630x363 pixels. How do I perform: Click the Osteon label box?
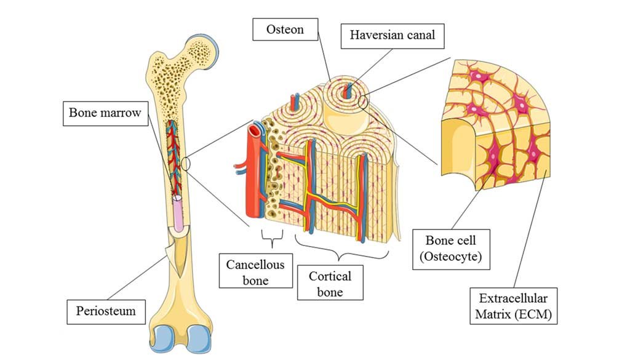pos(285,29)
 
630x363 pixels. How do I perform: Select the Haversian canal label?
pos(393,35)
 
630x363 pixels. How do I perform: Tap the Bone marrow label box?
pos(105,113)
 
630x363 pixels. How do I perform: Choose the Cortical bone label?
pos(330,284)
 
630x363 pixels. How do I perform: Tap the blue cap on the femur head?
pos(212,47)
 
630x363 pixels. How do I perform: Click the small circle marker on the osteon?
pos(364,101)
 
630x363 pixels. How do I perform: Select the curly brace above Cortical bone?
pos(343,249)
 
